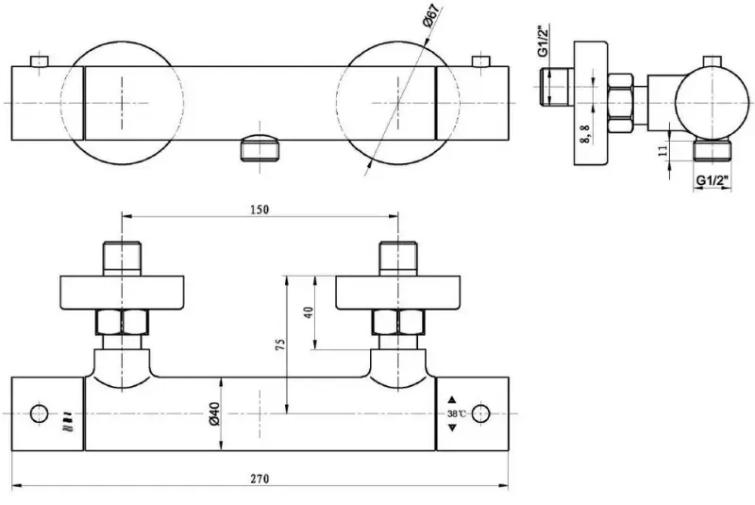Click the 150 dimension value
[x=260, y=210]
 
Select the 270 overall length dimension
[x=260, y=479]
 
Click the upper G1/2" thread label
[x=545, y=42]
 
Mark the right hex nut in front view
[x=398, y=323]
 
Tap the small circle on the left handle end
[x=40, y=413]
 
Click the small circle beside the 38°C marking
[x=480, y=413]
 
